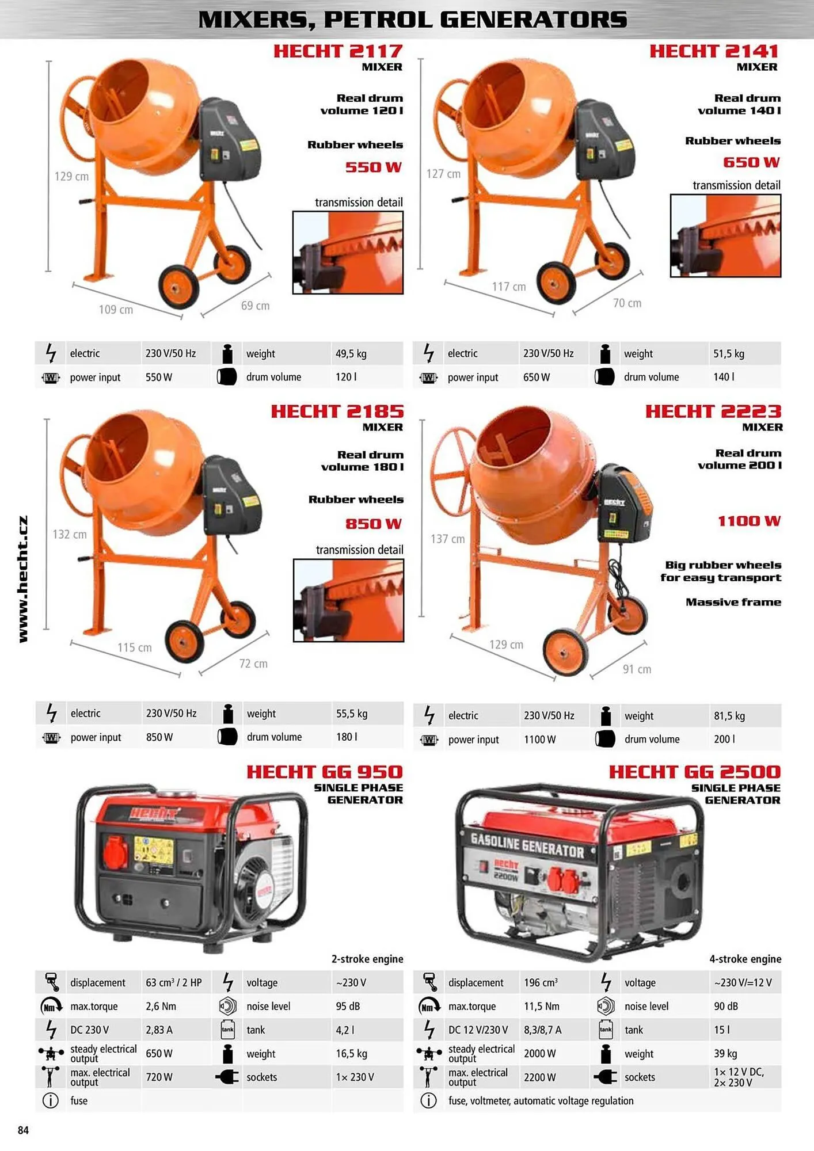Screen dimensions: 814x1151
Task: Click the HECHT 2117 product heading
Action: coord(338,51)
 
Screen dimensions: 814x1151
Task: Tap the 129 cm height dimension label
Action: coord(71,176)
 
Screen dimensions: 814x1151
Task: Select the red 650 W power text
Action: coord(751,162)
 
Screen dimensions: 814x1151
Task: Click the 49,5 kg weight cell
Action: coord(351,353)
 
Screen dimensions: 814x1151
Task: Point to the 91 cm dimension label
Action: coord(637,669)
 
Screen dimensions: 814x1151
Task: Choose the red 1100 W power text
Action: coord(749,521)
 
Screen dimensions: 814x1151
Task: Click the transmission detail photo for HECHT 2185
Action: coord(348,600)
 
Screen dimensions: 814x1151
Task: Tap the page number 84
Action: coord(23,1130)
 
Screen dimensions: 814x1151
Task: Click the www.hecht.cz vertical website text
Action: coord(22,579)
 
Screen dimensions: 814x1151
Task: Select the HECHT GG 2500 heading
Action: coord(695,772)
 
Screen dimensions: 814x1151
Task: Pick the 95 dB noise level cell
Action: coord(348,1006)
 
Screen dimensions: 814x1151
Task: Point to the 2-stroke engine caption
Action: coord(367,959)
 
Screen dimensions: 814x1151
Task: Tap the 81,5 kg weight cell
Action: coord(729,716)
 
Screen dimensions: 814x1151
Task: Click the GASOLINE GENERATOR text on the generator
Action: coord(527,844)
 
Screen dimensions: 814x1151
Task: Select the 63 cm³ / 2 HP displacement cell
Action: coord(174,982)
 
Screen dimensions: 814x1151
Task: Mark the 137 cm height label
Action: coord(447,539)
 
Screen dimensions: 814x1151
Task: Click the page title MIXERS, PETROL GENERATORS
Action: coord(412,20)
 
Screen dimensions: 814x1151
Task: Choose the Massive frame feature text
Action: coord(733,602)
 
